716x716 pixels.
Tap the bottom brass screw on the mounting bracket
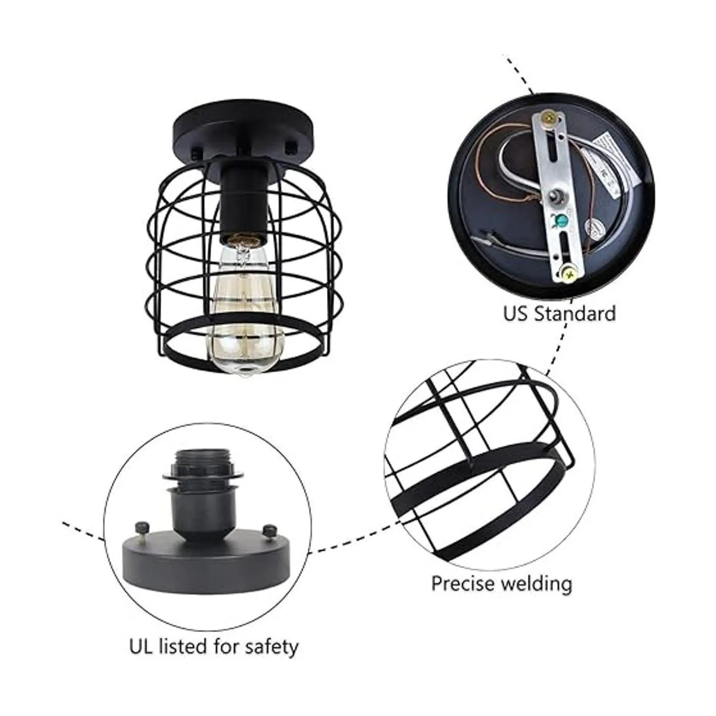[568, 274]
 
